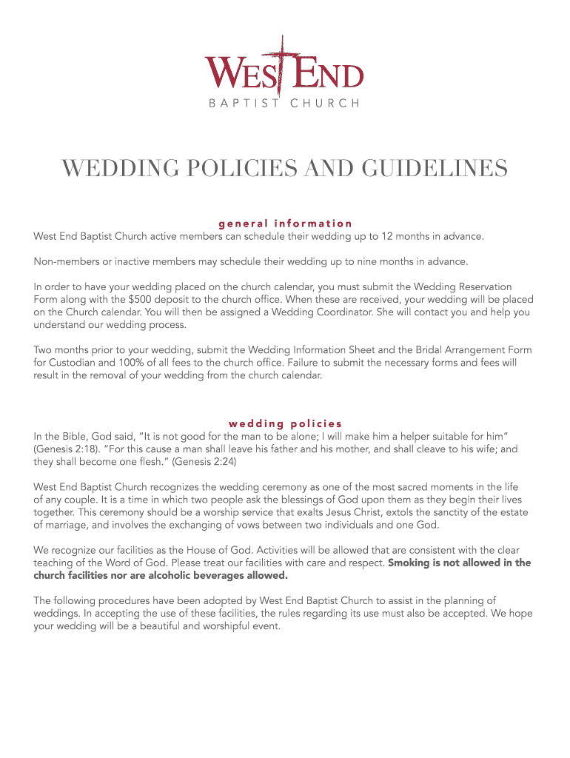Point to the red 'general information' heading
click(x=285, y=223)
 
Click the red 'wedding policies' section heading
click(x=285, y=423)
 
